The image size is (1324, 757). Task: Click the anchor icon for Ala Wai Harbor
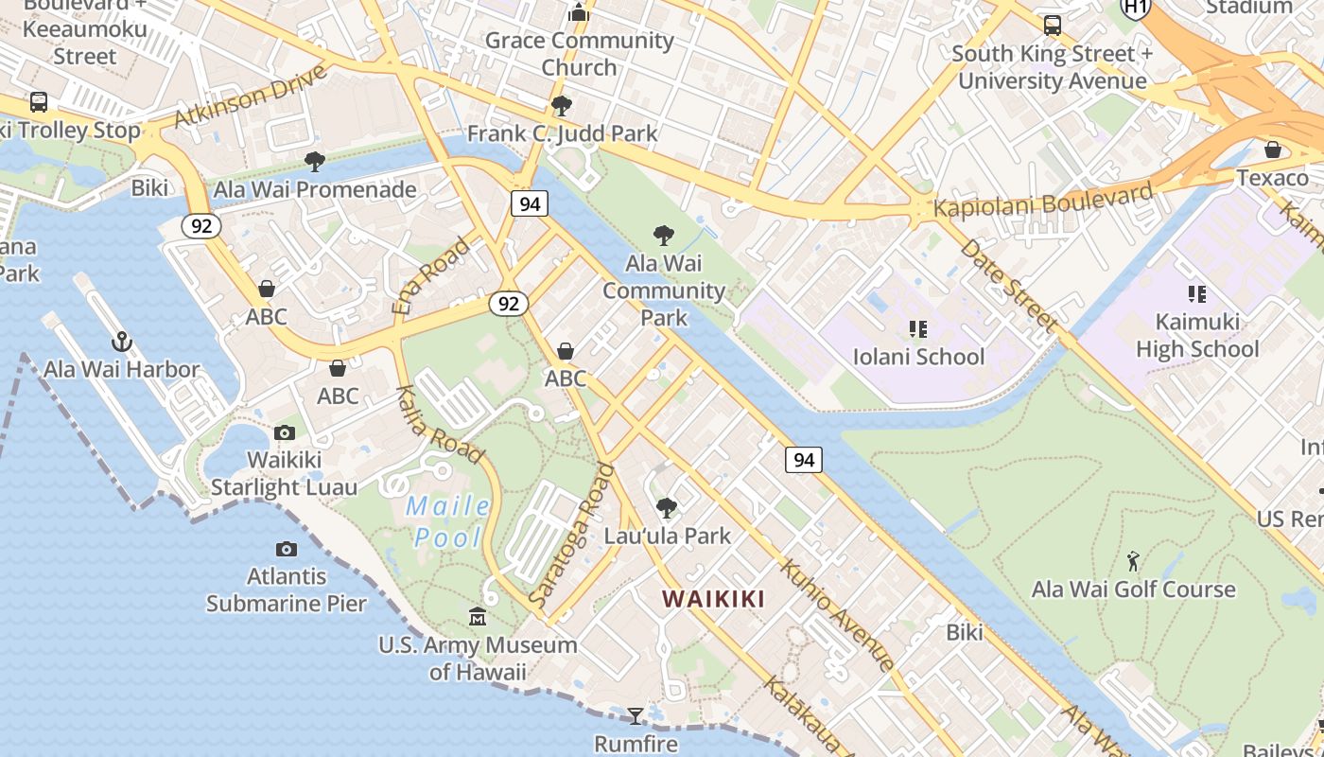tap(121, 342)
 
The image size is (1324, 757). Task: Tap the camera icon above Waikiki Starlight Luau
tap(284, 432)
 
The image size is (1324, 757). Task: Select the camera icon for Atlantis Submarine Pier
tap(286, 549)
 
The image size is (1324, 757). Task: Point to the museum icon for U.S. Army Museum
tap(478, 618)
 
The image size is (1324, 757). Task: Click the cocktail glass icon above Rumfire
tap(636, 715)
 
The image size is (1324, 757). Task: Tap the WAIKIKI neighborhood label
tap(713, 599)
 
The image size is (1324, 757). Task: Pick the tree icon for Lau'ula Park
tap(667, 508)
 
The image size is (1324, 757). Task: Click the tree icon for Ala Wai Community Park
tap(664, 235)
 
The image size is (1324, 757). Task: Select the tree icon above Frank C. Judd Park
tap(562, 105)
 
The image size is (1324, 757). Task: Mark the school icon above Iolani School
tap(917, 329)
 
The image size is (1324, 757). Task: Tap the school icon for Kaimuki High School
tap(1197, 294)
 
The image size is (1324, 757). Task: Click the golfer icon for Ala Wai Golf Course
tap(1133, 561)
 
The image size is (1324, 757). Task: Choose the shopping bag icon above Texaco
tap(1273, 150)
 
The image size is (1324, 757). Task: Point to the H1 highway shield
tap(1135, 8)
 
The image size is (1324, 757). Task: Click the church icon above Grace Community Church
tap(579, 12)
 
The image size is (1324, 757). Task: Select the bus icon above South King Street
tap(1052, 26)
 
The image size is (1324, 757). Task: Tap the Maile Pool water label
tap(448, 522)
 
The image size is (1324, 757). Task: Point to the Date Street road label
tap(1008, 284)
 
